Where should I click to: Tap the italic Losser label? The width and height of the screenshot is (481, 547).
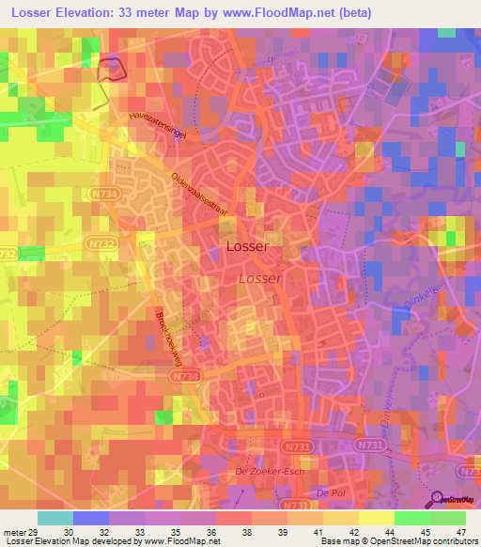pos(259,279)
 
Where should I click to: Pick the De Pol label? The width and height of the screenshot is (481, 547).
pos(327,493)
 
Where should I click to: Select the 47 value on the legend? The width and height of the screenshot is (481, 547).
pos(448,532)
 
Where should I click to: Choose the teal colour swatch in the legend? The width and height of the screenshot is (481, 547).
pos(54,518)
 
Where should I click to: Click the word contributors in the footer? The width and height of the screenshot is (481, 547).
pos(454,542)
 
